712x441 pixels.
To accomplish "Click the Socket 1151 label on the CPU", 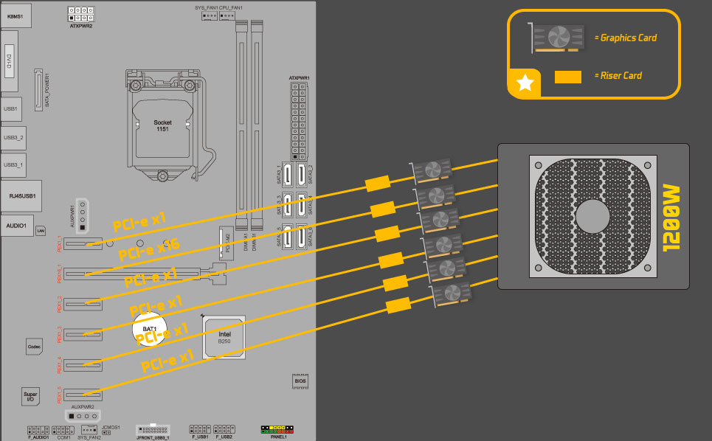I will pyautogui.click(x=162, y=125).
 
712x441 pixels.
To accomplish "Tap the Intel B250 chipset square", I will pyautogui.click(x=224, y=336).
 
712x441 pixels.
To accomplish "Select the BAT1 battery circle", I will pyautogui.click(x=151, y=330).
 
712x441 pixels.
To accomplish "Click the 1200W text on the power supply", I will pyautogui.click(x=671, y=218).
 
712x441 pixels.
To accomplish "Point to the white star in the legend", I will pyautogui.click(x=525, y=83).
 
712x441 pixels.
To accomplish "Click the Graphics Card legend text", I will pyautogui.click(x=629, y=38).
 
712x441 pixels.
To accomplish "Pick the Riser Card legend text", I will pyautogui.click(x=621, y=75).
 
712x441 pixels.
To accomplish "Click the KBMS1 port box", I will pyautogui.click(x=15, y=15).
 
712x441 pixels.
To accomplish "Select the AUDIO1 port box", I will pyautogui.click(x=16, y=226).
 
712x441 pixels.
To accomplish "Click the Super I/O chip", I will pyautogui.click(x=30, y=396).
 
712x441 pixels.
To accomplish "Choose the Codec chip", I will pyautogui.click(x=34, y=346).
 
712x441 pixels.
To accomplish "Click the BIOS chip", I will pyautogui.click(x=300, y=381).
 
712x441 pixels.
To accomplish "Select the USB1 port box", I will pyautogui.click(x=12, y=108).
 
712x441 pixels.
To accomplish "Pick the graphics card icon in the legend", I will pyautogui.click(x=559, y=37).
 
